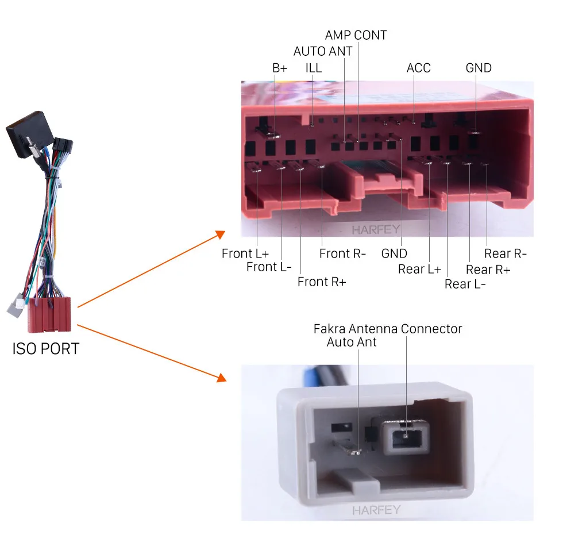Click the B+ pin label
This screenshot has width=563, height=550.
click(x=280, y=68)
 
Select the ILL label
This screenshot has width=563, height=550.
click(x=314, y=68)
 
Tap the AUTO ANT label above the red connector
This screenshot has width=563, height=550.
click(x=323, y=51)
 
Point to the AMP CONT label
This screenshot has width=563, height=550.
click(x=356, y=35)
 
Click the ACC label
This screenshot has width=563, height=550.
click(x=419, y=68)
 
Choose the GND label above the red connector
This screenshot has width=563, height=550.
click(x=479, y=68)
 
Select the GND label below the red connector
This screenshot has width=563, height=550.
click(x=394, y=253)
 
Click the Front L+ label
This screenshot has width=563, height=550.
click(x=245, y=253)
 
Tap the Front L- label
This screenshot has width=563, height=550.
click(x=269, y=267)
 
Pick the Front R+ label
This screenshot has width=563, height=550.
click(x=322, y=282)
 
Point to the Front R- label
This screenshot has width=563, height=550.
click(x=342, y=253)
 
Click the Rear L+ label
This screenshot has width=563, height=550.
click(x=419, y=270)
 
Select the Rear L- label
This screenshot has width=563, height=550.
click(x=465, y=284)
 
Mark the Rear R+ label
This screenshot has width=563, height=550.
click(x=488, y=270)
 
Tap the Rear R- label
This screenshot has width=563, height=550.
click(x=505, y=253)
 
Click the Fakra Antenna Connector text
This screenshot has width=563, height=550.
click(x=388, y=329)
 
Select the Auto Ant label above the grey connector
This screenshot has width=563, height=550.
click(x=352, y=343)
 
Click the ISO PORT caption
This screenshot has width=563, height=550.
click(x=46, y=349)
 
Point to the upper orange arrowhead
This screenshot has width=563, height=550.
click(x=219, y=235)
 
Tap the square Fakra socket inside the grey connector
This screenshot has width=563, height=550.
click(x=406, y=437)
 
